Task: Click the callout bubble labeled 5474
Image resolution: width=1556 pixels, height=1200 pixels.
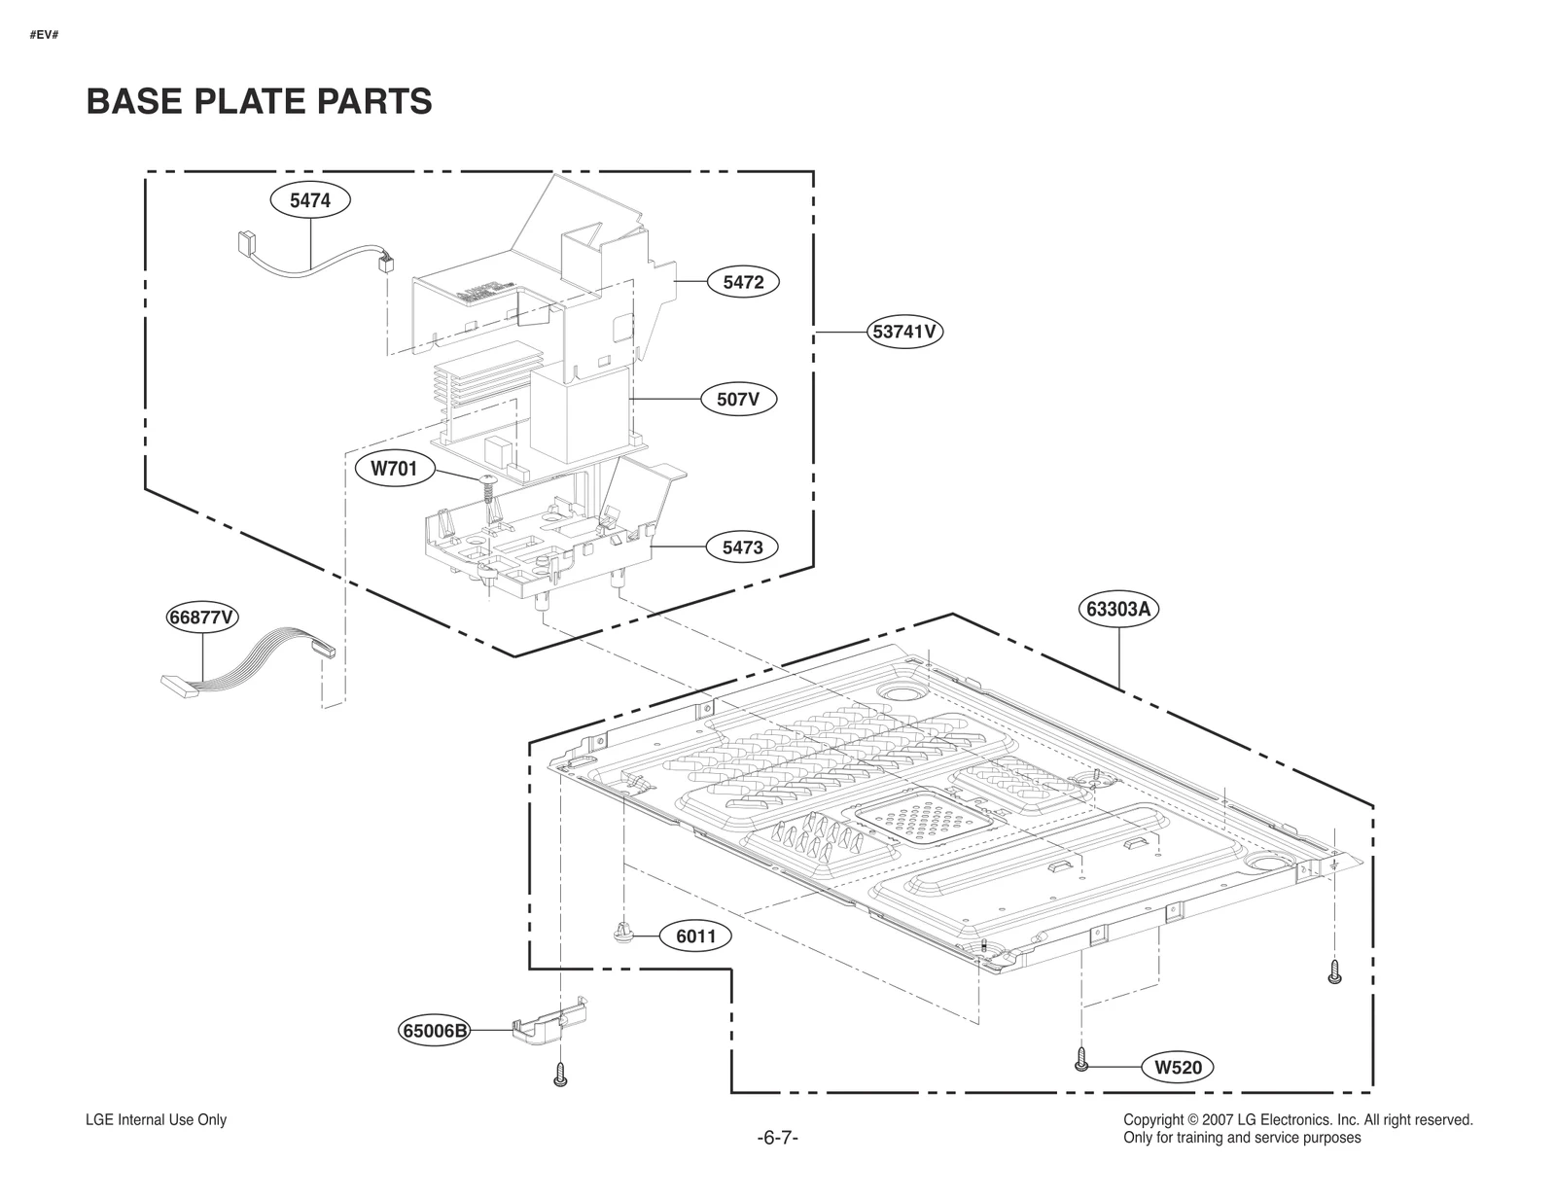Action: coord(310,200)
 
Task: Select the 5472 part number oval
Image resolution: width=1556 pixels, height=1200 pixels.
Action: coord(743,282)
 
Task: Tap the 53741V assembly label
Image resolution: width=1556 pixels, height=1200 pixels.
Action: coord(904,332)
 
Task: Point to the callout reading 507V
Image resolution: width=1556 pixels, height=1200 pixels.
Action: coord(739,399)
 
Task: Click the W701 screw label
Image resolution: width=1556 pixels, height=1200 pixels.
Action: coord(394,469)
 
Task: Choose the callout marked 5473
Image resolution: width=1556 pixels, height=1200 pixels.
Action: coord(742,547)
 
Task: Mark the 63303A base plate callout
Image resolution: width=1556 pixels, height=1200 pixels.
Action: coord(1119,610)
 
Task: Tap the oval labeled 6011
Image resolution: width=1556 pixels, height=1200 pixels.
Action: coord(695,936)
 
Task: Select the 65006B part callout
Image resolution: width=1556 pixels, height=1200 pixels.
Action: coord(435,1030)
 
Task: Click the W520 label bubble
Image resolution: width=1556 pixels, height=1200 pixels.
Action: coord(1179,1067)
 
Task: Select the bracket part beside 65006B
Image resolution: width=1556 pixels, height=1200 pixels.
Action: coord(549,1021)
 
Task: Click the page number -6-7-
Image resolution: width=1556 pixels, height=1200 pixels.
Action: coord(777,1138)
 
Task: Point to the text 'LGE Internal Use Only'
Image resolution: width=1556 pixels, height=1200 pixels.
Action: coord(157,1119)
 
